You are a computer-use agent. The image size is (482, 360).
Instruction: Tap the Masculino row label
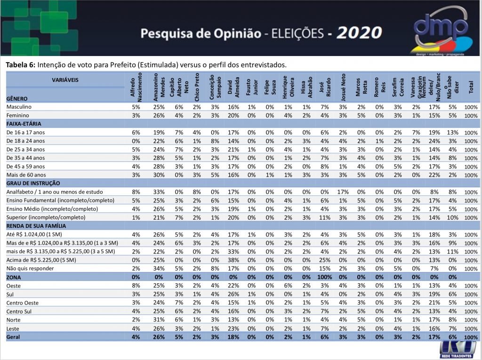(x=18, y=107)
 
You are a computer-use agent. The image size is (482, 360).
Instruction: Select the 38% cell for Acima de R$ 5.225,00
(x=233, y=260)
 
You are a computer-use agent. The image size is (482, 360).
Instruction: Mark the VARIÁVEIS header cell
(x=65, y=80)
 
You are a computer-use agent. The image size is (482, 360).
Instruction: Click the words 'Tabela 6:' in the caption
(x=21, y=64)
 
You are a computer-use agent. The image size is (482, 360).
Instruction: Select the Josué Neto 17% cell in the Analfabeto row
(x=343, y=192)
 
